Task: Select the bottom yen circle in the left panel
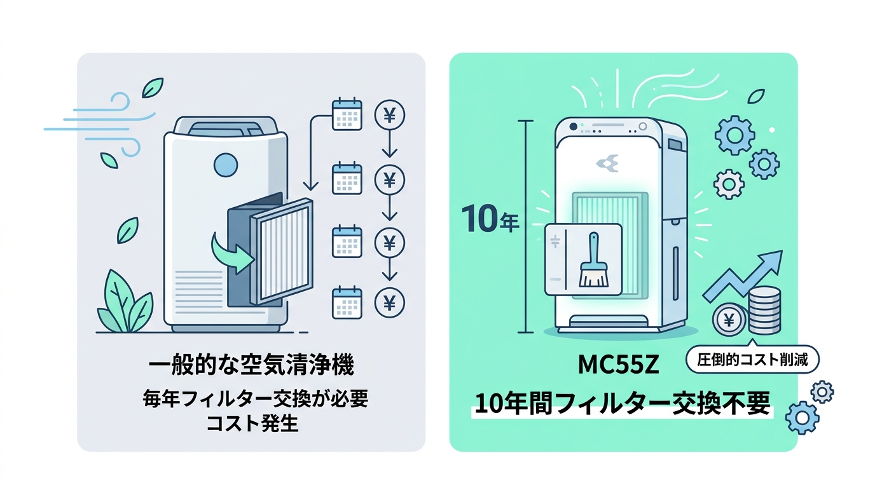[x=389, y=302]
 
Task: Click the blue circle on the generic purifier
[x=226, y=165]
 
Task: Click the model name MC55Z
[x=618, y=365]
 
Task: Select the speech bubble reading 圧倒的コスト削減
[x=752, y=360]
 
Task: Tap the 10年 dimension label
[x=491, y=220]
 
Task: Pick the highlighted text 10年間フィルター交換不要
[x=623, y=404]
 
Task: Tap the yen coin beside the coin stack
[x=729, y=320]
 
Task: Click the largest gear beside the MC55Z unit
[x=734, y=135]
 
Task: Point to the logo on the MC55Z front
[x=607, y=163]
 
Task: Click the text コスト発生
[x=252, y=424]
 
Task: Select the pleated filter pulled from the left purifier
[x=282, y=251]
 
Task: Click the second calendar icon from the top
[x=347, y=178]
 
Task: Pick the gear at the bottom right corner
[x=803, y=417]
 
